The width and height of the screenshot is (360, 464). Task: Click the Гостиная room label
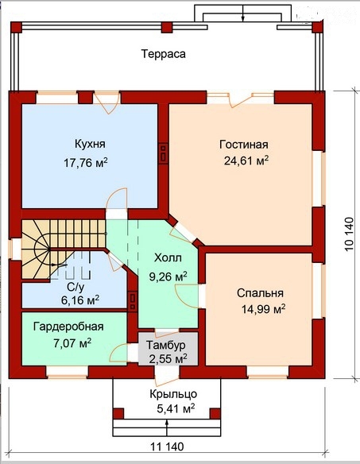[244, 145]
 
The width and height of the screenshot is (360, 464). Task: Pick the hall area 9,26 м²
[168, 277]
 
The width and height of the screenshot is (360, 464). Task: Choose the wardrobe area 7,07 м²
[72, 342]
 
